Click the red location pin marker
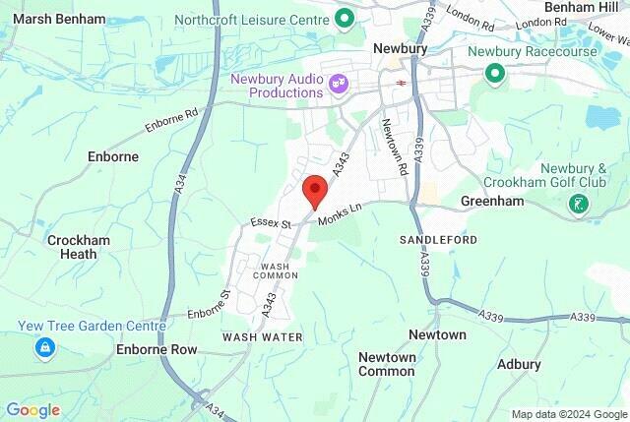pos(314,189)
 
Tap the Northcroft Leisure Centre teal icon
pos(345,18)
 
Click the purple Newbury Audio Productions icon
pos(339,85)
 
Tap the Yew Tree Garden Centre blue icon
pos(44,347)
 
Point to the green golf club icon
pos(579,205)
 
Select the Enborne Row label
pos(157,349)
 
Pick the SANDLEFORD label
pos(438,240)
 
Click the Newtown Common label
pos(387,364)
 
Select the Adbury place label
pos(520,364)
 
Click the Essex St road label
pos(271,224)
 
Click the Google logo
pos(32,410)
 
